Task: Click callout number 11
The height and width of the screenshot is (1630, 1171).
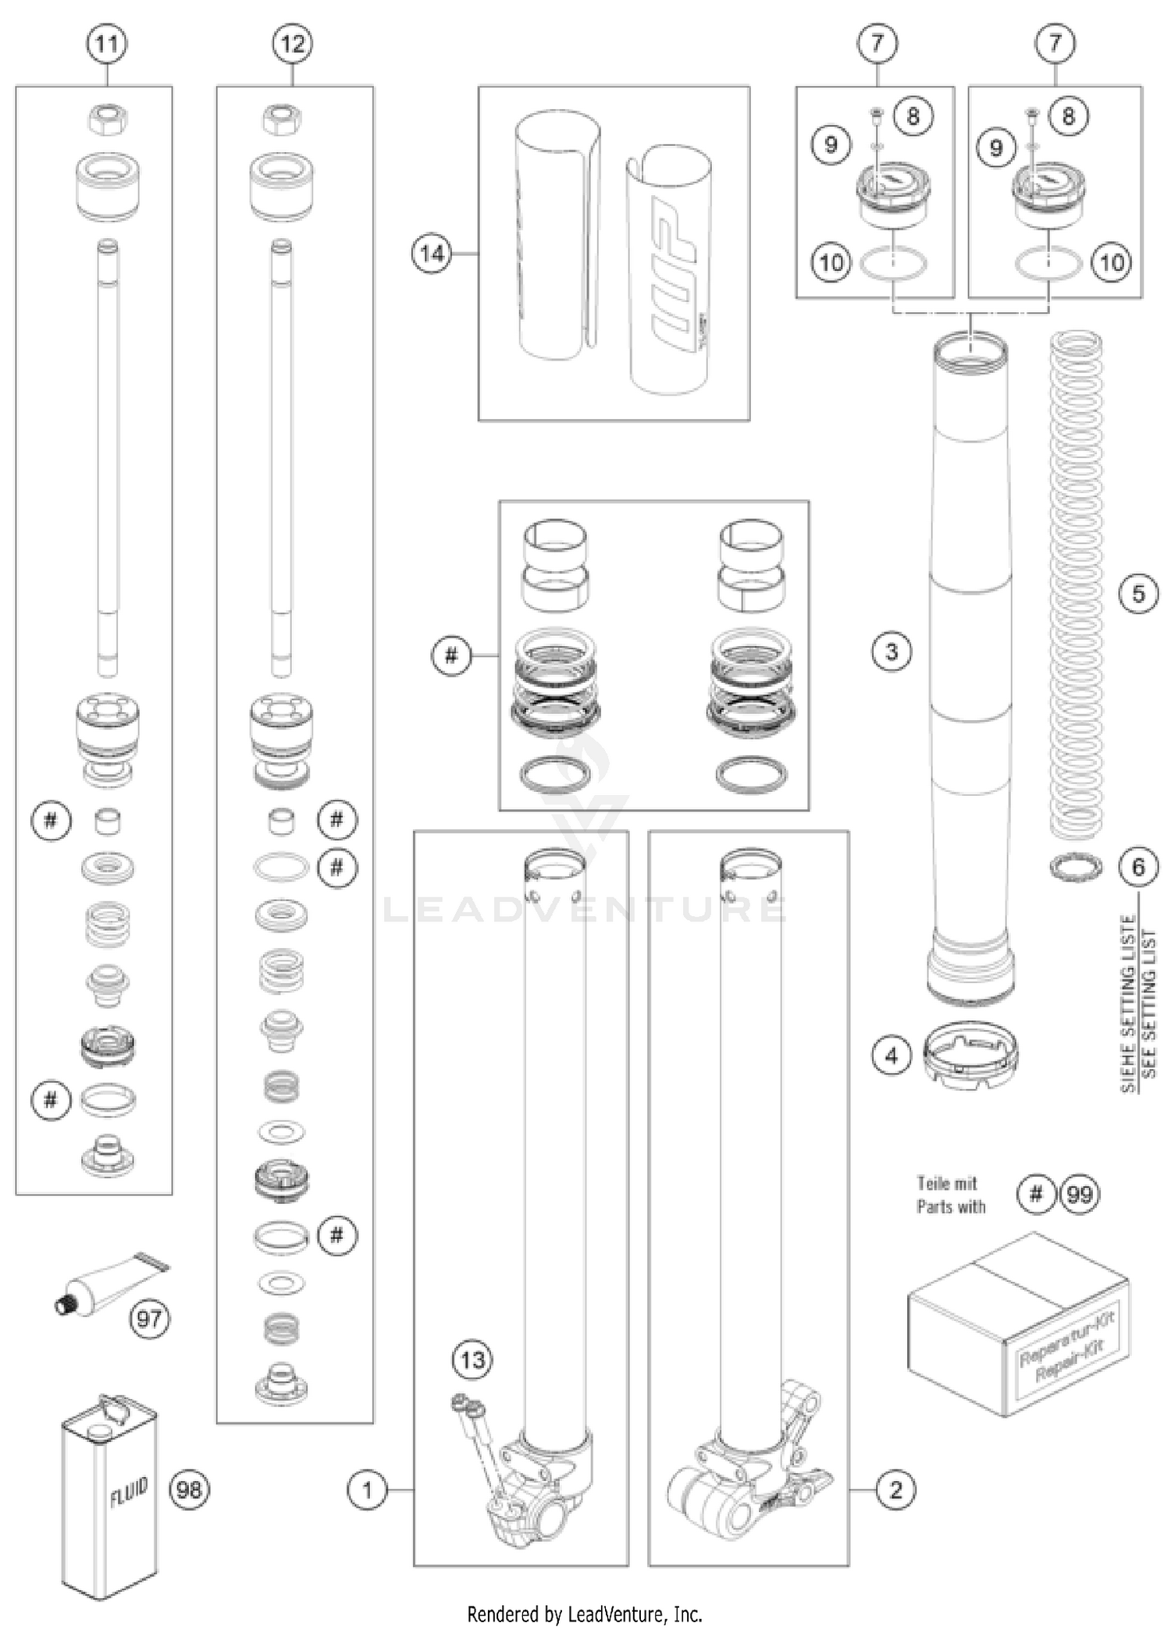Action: pyautogui.click(x=106, y=44)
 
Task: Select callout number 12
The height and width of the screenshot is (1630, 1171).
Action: pyautogui.click(x=292, y=44)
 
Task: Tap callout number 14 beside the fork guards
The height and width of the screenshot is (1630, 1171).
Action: pyautogui.click(x=432, y=254)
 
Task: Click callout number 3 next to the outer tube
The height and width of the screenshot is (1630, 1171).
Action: pyautogui.click(x=892, y=652)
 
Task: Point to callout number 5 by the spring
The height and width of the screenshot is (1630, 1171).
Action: pyautogui.click(x=1138, y=594)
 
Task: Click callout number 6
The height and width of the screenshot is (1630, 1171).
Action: pyautogui.click(x=1138, y=866)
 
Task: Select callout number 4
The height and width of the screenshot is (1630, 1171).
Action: pyautogui.click(x=892, y=1056)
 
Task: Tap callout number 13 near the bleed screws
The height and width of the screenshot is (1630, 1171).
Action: pyautogui.click(x=472, y=1361)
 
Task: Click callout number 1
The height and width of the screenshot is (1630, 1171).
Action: pyautogui.click(x=367, y=1490)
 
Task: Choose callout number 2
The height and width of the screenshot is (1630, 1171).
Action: pyautogui.click(x=895, y=1490)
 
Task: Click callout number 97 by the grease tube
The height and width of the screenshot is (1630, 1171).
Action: pyautogui.click(x=148, y=1319)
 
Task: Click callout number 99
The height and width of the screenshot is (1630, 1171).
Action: pyautogui.click(x=1080, y=1194)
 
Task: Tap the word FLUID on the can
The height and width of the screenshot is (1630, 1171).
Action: pyautogui.click(x=129, y=1493)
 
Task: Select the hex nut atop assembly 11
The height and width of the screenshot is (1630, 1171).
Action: pyautogui.click(x=107, y=119)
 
